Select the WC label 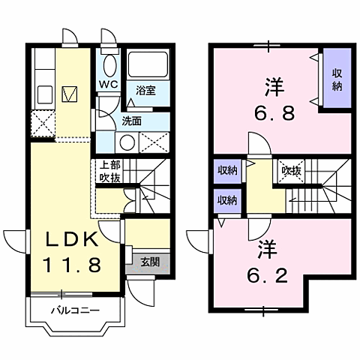point(109,84)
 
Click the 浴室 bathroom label point(145,91)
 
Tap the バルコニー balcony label point(76,308)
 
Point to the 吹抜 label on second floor point(292,171)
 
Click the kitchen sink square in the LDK point(69,94)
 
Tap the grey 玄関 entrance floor point(149,262)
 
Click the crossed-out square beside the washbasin point(153,140)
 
